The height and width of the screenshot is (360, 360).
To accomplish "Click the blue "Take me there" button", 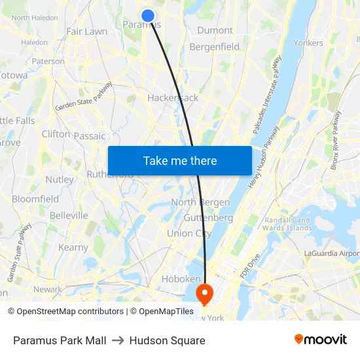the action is (x=179, y=160).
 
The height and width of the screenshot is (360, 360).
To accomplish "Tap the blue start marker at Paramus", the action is (x=148, y=15).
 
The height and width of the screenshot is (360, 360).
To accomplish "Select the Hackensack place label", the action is (x=173, y=98).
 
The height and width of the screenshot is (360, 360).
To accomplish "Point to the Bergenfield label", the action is (x=214, y=47).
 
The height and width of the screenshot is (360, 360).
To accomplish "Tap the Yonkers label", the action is (x=308, y=43).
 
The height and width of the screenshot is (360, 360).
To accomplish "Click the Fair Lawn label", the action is (x=86, y=31).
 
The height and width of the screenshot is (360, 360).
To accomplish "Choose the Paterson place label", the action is (x=48, y=62).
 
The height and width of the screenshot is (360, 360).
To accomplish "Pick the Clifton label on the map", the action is (x=56, y=134).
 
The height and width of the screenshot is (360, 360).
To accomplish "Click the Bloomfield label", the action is (x=35, y=199).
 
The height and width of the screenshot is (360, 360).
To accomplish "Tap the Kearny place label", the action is (x=73, y=247).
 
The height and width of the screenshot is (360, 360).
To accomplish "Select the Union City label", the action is (x=189, y=234).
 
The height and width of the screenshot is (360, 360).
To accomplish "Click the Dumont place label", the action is (x=215, y=30).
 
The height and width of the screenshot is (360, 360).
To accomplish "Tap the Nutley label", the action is (x=60, y=179).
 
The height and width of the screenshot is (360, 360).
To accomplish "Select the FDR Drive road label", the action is (x=250, y=265).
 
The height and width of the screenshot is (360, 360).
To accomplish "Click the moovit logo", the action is (x=321, y=340).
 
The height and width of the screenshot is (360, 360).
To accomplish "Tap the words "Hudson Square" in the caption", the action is (x=167, y=340).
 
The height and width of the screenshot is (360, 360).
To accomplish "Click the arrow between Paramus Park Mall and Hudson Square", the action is (x=118, y=340).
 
